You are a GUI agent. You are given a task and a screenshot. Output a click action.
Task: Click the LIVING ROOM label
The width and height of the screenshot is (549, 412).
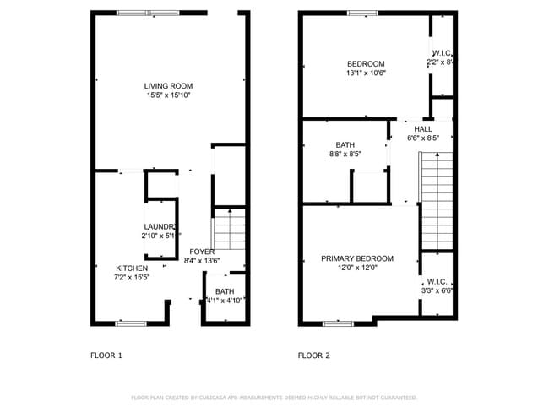[x=168, y=86]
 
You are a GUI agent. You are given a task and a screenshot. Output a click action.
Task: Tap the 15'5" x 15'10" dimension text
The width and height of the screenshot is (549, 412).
[x=168, y=95]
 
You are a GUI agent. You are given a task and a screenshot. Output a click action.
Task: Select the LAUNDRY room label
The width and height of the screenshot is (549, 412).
[x=160, y=227]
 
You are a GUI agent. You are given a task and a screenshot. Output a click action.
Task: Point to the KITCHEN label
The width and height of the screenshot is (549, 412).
[x=132, y=268]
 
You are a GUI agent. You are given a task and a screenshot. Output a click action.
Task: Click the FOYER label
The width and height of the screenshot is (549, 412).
[x=201, y=252]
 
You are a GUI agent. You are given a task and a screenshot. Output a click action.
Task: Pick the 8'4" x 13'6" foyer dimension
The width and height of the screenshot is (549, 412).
[x=201, y=261]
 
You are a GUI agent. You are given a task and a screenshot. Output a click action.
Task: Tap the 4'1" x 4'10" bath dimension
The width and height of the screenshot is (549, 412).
[x=225, y=300]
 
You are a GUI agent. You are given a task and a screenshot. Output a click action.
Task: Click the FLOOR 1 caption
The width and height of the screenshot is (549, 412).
[x=106, y=355]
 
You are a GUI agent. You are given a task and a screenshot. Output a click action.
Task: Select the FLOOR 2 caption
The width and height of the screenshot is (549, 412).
[x=313, y=355]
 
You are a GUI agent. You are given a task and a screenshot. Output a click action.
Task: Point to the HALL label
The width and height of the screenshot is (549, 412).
[x=423, y=128]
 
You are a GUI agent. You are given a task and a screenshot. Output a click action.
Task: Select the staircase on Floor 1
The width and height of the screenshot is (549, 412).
[x=228, y=227]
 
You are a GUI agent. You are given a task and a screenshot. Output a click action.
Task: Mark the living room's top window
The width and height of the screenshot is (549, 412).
[x=147, y=13]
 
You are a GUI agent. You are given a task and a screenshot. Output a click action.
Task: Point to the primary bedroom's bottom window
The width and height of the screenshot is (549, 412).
[x=338, y=323]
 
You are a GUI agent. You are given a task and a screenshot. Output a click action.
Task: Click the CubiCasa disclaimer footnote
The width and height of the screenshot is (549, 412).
[x=274, y=397]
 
